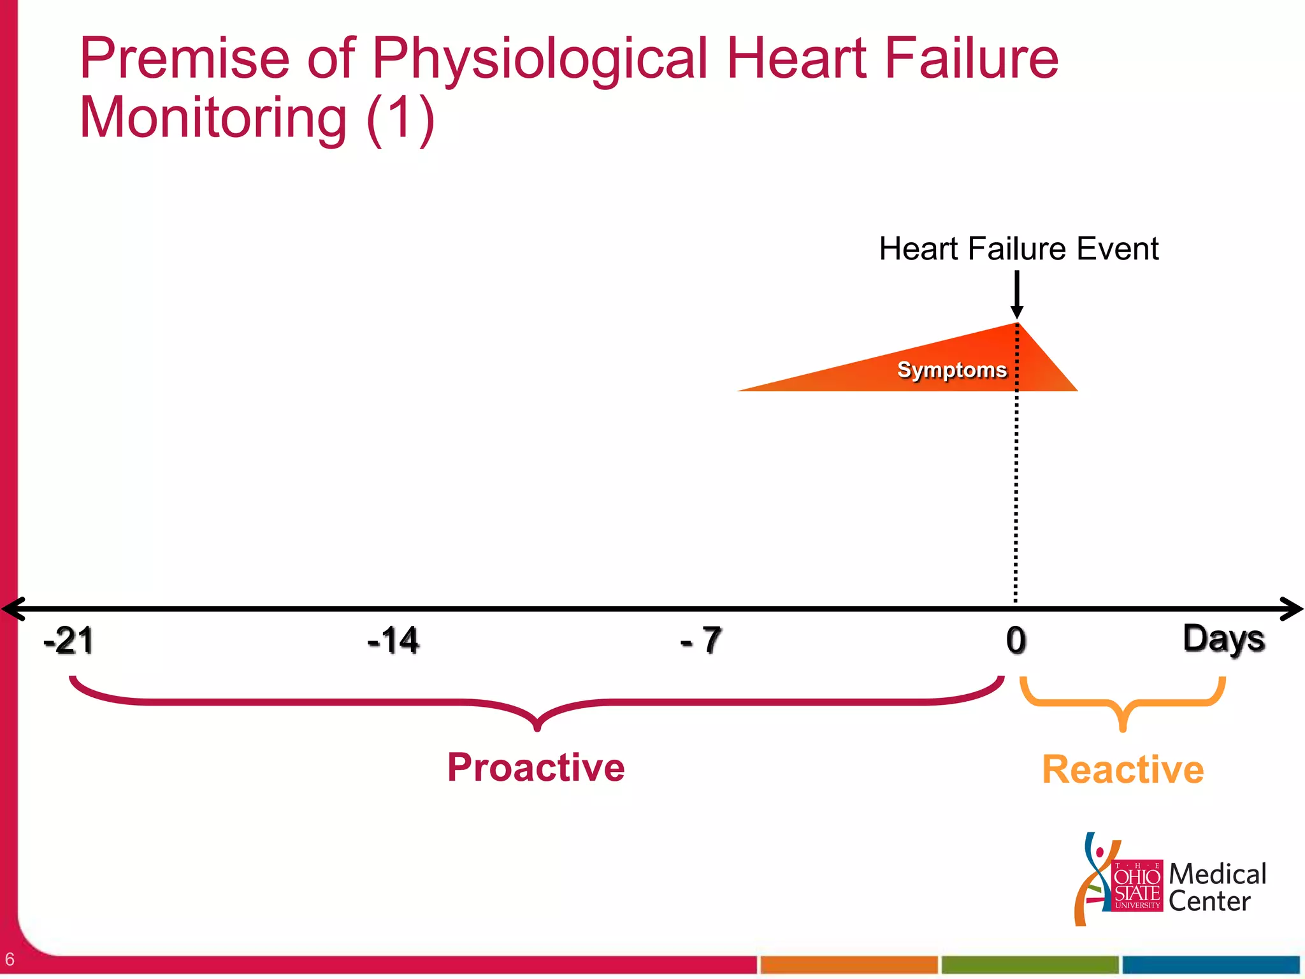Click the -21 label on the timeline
point(68,640)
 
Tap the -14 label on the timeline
point(393,640)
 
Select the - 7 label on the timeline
point(701,640)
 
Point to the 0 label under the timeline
point(1016,640)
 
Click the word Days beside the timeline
point(1223,639)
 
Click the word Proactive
point(536,767)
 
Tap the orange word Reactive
point(1123,769)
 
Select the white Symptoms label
point(951,370)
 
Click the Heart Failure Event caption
point(1018,249)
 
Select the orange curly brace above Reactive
point(1123,704)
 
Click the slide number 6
point(10,959)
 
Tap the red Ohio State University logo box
point(1137,886)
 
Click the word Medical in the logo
point(1217,874)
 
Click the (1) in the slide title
point(400,118)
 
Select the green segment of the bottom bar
point(1030,965)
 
